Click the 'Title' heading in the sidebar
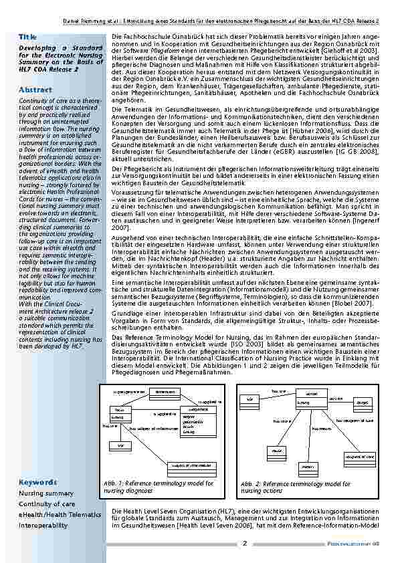point(27,36)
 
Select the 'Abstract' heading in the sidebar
point(35,90)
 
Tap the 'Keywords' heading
point(37,482)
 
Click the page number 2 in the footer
point(245,544)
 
